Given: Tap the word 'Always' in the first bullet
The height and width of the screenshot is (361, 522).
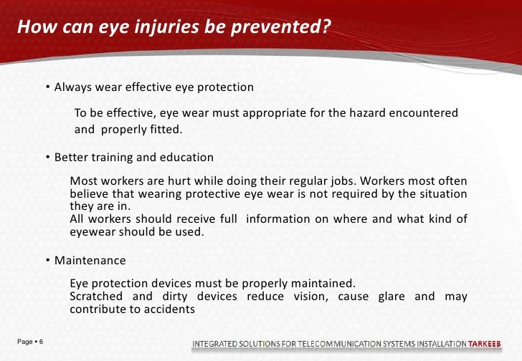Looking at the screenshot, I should coord(74,87).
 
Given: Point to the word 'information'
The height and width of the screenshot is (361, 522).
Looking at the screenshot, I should coord(280,219).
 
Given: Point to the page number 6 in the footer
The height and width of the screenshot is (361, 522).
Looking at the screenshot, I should coord(41,342).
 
